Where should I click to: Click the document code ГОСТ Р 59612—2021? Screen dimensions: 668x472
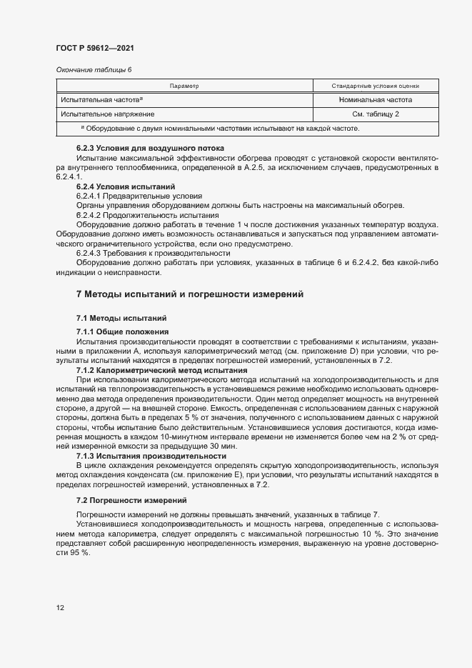[x=95, y=48]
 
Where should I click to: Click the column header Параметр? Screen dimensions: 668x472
[x=184, y=86]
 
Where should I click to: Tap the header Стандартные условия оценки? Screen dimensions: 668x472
[x=376, y=86]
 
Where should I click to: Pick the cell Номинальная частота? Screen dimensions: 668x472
[x=376, y=100]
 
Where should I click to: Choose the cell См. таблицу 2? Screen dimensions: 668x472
[x=376, y=114]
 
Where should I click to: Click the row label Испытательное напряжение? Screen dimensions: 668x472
[x=108, y=114]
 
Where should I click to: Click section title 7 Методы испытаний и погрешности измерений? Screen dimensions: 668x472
[x=190, y=294]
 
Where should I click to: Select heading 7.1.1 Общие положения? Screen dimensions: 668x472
[x=122, y=331]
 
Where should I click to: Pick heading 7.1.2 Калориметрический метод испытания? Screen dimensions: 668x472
[x=161, y=370]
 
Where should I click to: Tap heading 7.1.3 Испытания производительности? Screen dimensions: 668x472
[x=151, y=456]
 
